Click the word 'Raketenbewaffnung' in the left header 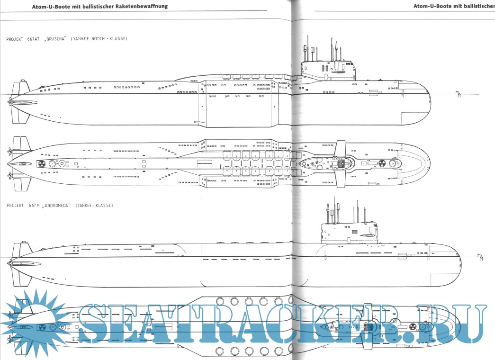[x=140, y=7]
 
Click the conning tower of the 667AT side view [x=330, y=69]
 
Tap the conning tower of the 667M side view [x=350, y=231]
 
